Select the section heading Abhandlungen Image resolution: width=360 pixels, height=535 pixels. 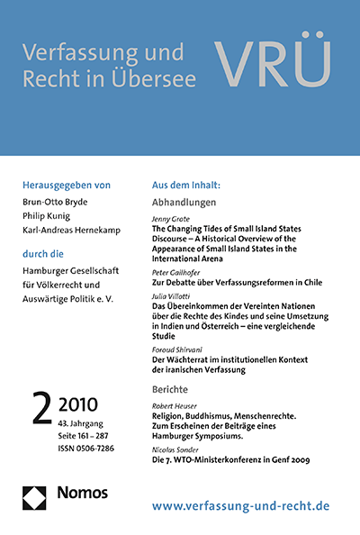point(191,204)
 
